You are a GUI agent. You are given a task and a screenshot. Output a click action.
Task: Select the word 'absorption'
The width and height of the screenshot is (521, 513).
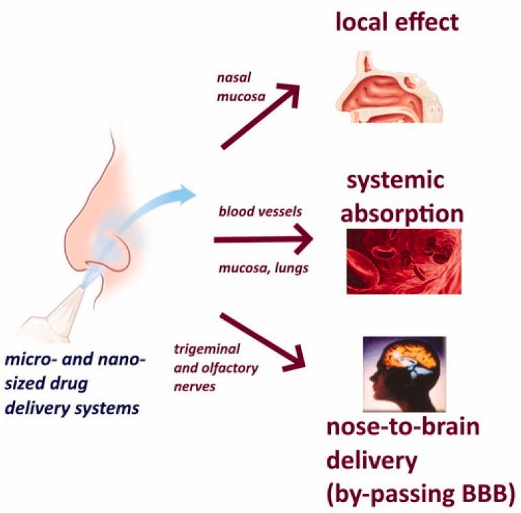403,212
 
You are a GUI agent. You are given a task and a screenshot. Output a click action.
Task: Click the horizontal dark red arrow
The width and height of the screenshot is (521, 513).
263,240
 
